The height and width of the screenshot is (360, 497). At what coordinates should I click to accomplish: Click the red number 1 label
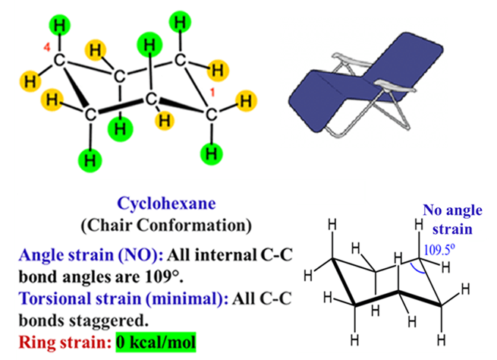click(212, 93)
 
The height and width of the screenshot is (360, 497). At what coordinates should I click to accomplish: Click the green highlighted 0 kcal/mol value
click(156, 343)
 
